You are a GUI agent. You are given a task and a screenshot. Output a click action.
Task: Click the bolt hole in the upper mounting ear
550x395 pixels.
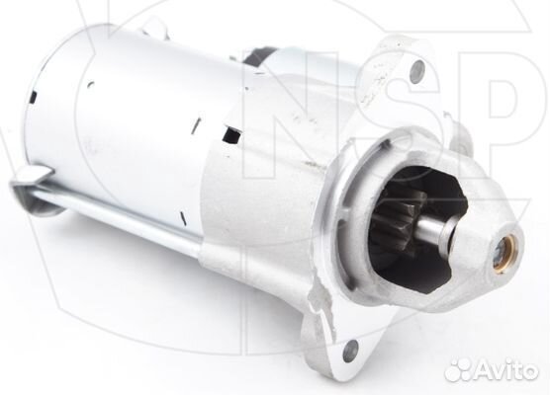click(x=416, y=69)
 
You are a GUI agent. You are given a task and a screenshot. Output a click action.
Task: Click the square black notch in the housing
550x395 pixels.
click(x=233, y=136)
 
